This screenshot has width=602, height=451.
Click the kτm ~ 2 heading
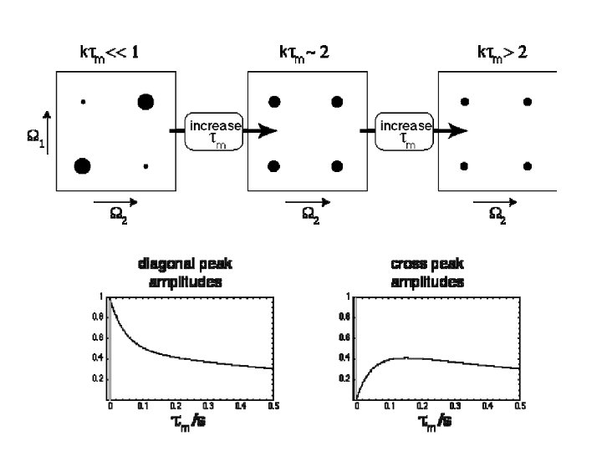(x=304, y=54)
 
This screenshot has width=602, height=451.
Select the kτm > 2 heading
(x=502, y=54)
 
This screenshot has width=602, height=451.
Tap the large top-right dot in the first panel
(x=145, y=102)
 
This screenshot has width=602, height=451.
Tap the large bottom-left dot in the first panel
(x=82, y=165)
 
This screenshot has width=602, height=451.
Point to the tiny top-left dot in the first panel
(x=83, y=102)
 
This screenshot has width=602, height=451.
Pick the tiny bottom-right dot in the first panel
(x=145, y=166)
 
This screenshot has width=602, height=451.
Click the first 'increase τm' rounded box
(x=215, y=131)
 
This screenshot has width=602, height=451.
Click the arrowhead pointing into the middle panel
(x=267, y=131)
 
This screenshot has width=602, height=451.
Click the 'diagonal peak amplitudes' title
(x=185, y=273)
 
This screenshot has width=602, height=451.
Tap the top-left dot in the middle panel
(x=273, y=102)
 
